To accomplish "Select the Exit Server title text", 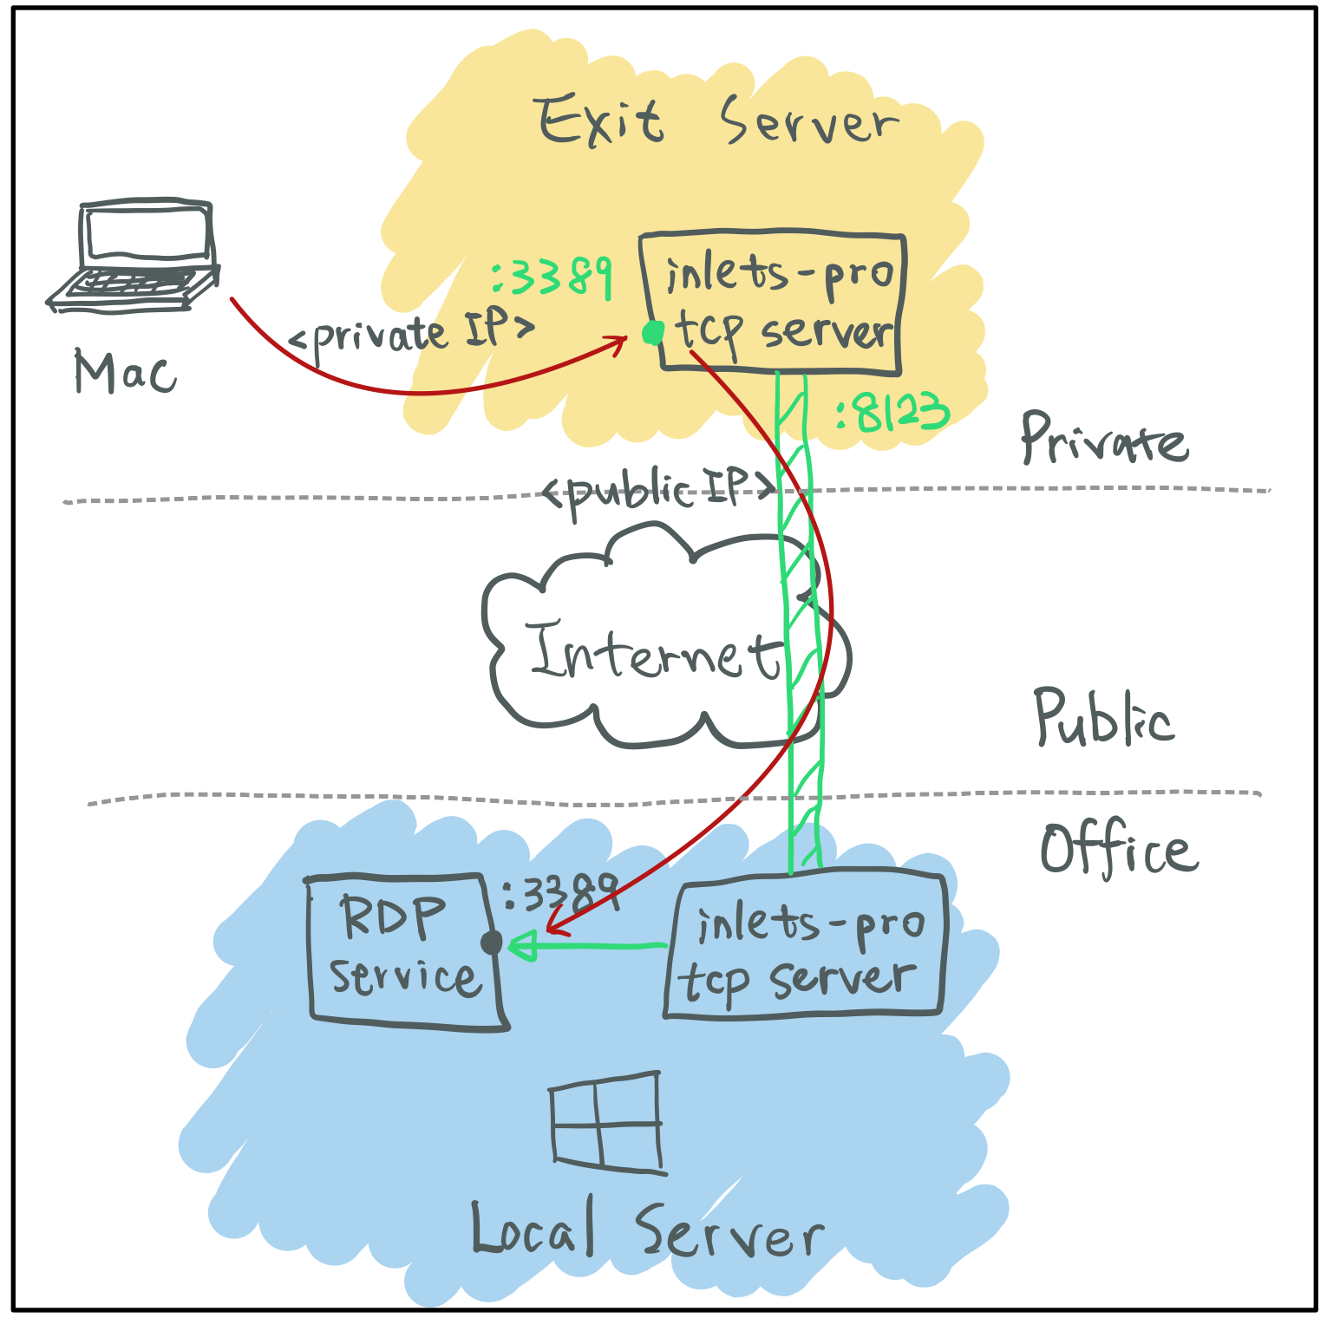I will (716, 121).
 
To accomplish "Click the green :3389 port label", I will (552, 277).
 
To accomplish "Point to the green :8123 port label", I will (892, 413).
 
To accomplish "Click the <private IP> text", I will (410, 334).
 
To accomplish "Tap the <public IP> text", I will (657, 492).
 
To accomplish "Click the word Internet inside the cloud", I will (655, 652).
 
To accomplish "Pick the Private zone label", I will (1103, 438).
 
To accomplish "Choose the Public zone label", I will (1103, 718).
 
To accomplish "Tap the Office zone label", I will (1119, 849).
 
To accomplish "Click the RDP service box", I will (404, 951).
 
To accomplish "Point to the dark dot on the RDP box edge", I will (491, 943).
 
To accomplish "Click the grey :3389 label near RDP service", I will (560, 893).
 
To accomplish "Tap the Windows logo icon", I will (607, 1123).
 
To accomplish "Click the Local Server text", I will (646, 1230).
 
